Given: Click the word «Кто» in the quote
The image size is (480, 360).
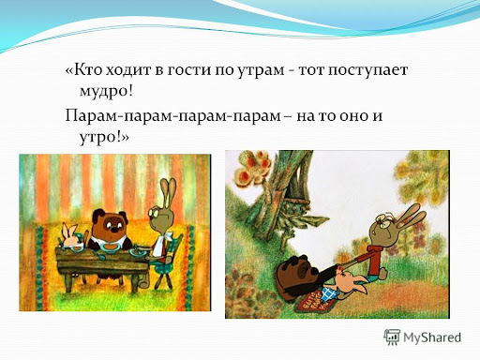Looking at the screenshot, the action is (x=83, y=69).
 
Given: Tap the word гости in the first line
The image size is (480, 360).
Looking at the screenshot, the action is (x=189, y=69).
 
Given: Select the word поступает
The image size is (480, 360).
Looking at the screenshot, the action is (x=367, y=70).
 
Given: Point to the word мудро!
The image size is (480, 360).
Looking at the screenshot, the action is (x=106, y=92).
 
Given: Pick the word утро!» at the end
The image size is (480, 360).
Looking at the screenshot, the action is (x=104, y=138).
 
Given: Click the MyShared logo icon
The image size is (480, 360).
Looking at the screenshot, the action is (x=392, y=337).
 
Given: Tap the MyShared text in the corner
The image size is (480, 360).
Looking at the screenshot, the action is (x=432, y=337).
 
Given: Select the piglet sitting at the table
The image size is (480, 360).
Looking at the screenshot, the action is (x=71, y=235).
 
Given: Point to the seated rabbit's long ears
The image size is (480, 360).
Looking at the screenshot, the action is (x=168, y=191).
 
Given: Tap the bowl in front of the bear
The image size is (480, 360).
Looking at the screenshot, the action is (x=110, y=247).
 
